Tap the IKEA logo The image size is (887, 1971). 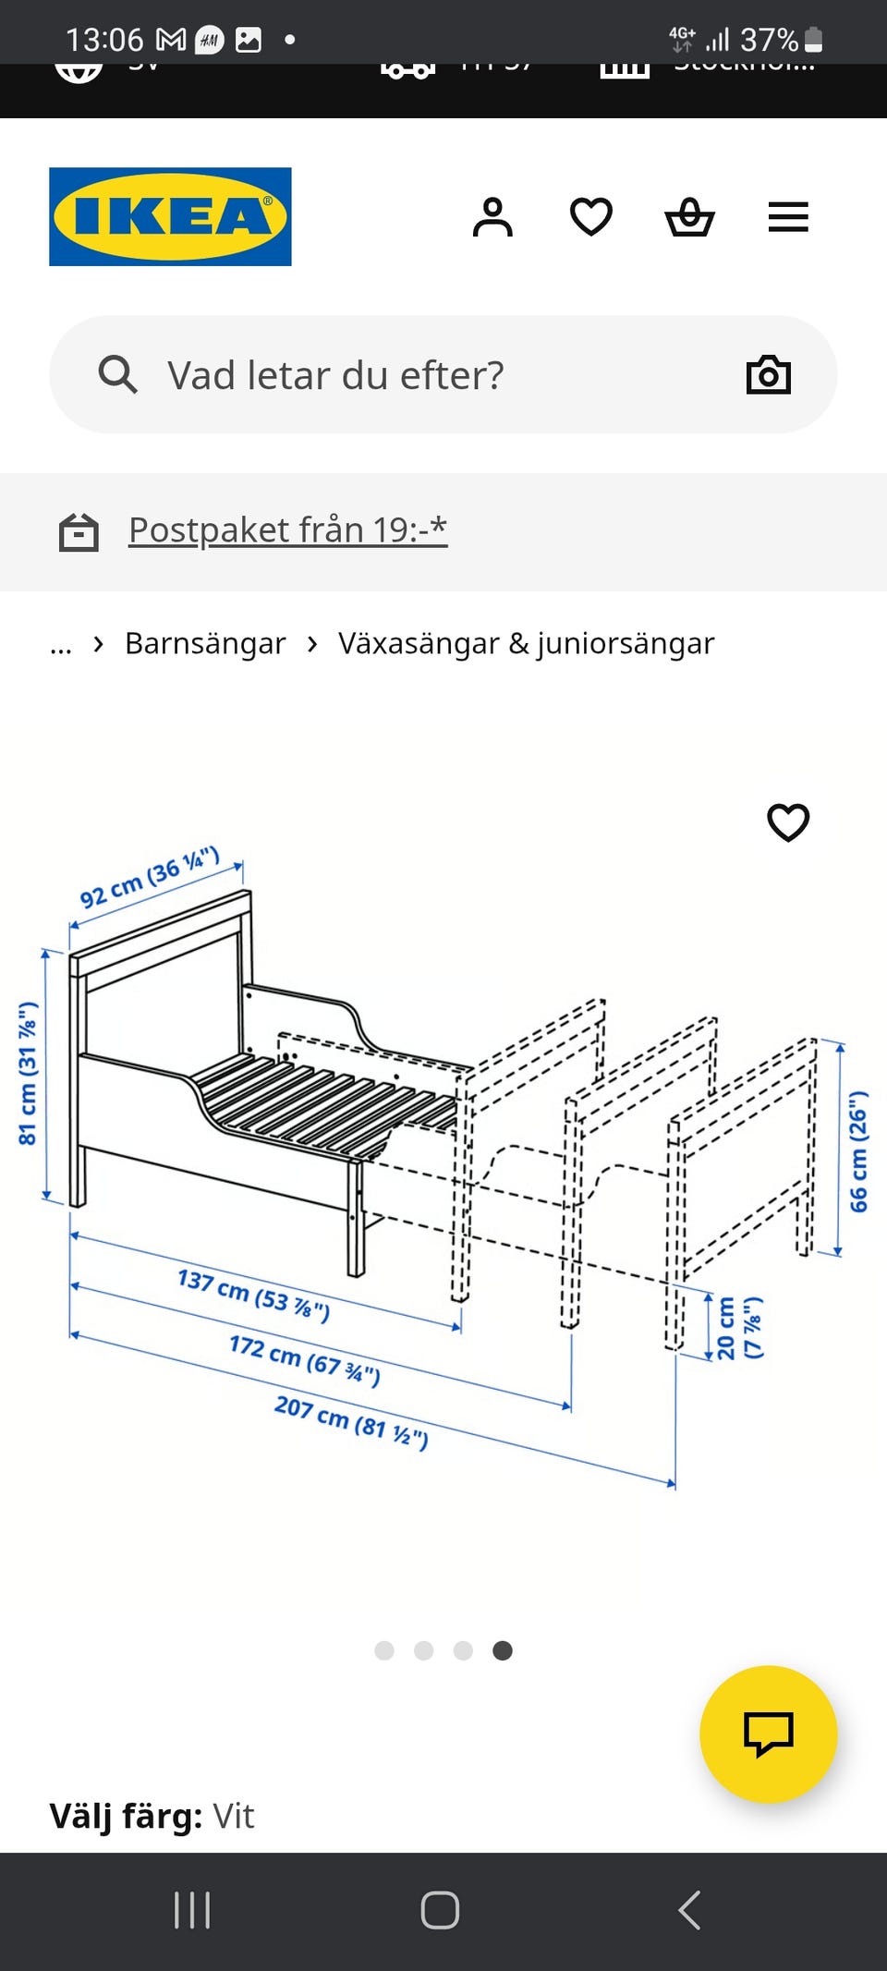coord(170,217)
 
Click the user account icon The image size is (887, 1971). coord(492,218)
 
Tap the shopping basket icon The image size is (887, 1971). coord(689,218)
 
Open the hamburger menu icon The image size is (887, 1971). coord(788,218)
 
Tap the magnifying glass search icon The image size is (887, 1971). coord(118,375)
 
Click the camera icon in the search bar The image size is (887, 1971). coord(768,375)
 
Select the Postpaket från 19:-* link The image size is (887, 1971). coord(287,530)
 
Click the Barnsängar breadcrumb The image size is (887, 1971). coord(205,643)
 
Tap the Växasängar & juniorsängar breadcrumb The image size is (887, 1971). coord(526,643)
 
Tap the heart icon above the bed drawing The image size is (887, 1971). coord(788,821)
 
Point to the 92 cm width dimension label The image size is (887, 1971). coord(150,877)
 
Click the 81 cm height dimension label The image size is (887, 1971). coord(28,1073)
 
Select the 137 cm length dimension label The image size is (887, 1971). coord(253,1295)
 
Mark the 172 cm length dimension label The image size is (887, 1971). coord(304,1360)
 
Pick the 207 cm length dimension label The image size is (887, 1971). coord(351,1422)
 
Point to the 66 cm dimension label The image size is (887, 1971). coord(858,1151)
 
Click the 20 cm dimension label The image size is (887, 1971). coord(739,1328)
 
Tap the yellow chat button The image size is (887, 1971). coord(768,1734)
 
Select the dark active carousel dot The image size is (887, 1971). coord(503,1650)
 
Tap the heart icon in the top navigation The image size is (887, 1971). coord(591,218)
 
